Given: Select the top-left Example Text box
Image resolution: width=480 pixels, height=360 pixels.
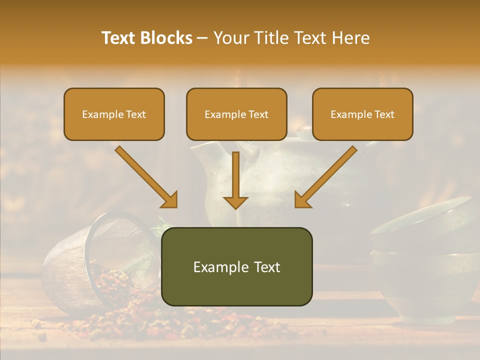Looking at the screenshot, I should click(114, 114).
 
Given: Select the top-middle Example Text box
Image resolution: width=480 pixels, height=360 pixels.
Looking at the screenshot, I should click(236, 114).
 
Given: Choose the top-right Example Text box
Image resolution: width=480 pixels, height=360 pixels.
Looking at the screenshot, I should click(362, 114).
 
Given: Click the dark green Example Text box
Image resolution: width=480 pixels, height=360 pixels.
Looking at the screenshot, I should click(236, 266).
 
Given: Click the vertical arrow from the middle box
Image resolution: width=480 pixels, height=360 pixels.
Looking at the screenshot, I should click(235, 175).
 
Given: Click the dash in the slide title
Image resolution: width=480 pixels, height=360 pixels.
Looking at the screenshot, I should click(202, 38).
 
